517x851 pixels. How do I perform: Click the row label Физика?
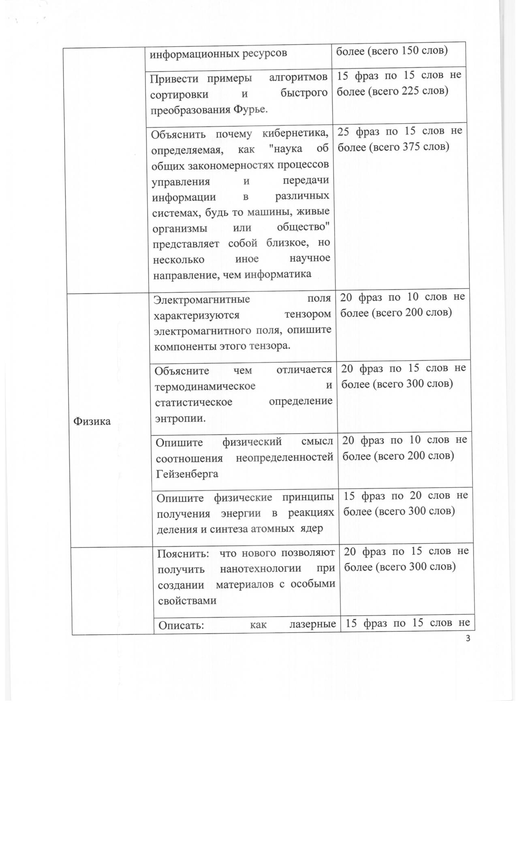92,421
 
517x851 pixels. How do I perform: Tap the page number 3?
468,639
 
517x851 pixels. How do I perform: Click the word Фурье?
251,109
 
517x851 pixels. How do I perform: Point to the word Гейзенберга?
187,474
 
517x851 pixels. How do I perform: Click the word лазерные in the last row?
313,624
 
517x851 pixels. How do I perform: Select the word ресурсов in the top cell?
265,53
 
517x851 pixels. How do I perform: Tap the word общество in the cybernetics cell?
303,227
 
